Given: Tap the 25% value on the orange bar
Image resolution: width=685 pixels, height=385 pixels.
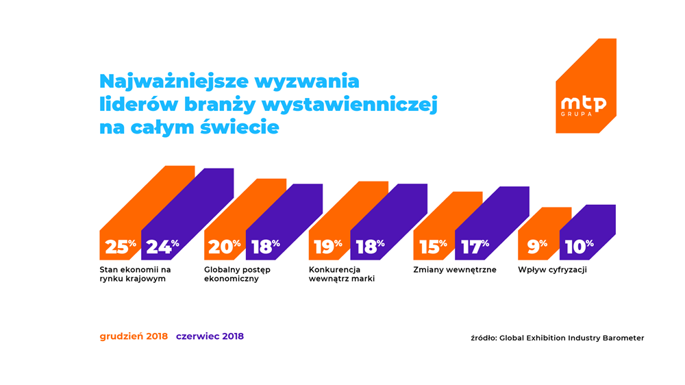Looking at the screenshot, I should [x=120, y=247].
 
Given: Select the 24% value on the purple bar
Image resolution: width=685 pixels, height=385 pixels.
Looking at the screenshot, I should [x=162, y=247].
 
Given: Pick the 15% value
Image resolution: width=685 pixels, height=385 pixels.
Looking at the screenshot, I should [x=432, y=247].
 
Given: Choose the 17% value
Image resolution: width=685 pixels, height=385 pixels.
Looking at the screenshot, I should [x=474, y=247].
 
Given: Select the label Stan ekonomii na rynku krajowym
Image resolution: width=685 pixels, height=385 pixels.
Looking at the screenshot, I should [x=135, y=274].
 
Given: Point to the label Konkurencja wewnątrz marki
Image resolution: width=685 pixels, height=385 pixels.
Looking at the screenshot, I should [x=342, y=274].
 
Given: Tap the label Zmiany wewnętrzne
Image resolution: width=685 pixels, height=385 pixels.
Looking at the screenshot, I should [x=454, y=270].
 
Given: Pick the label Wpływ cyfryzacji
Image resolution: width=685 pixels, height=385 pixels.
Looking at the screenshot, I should [x=552, y=270].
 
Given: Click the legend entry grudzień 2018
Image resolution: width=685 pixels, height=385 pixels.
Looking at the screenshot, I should [x=134, y=336].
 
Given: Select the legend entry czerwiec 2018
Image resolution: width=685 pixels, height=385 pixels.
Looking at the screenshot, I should [x=210, y=336].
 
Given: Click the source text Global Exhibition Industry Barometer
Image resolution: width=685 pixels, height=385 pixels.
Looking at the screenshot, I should [x=571, y=338].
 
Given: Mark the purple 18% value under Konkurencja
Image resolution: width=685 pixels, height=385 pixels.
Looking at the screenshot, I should [x=370, y=247].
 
